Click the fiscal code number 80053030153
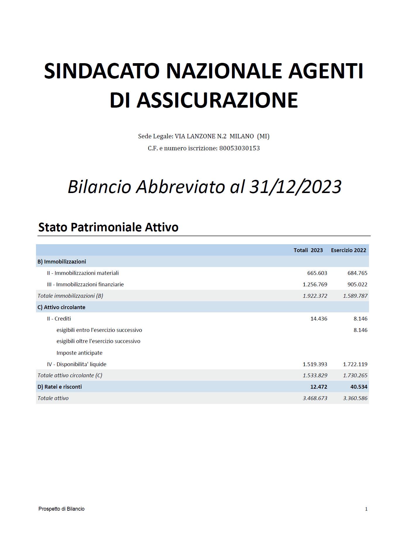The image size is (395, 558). (239, 148)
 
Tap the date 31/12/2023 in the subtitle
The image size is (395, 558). (295, 187)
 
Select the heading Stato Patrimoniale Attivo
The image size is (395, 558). (108, 227)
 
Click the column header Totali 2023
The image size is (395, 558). (308, 250)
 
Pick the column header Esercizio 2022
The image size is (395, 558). (348, 250)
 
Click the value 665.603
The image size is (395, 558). (317, 273)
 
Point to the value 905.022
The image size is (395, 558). (357, 284)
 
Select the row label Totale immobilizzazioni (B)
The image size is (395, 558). (70, 296)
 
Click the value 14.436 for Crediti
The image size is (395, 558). (319, 318)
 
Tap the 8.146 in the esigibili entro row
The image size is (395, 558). (360, 330)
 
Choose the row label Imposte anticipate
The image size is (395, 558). (79, 353)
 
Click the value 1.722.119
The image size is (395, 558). (355, 364)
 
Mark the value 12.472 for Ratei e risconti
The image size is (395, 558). (319, 387)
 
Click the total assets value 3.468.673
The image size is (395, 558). (315, 398)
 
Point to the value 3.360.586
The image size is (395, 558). (355, 398)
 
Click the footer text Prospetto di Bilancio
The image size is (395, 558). (61, 509)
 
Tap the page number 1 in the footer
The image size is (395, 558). (366, 509)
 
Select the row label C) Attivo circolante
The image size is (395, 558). (61, 307)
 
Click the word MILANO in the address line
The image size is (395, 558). (242, 136)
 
